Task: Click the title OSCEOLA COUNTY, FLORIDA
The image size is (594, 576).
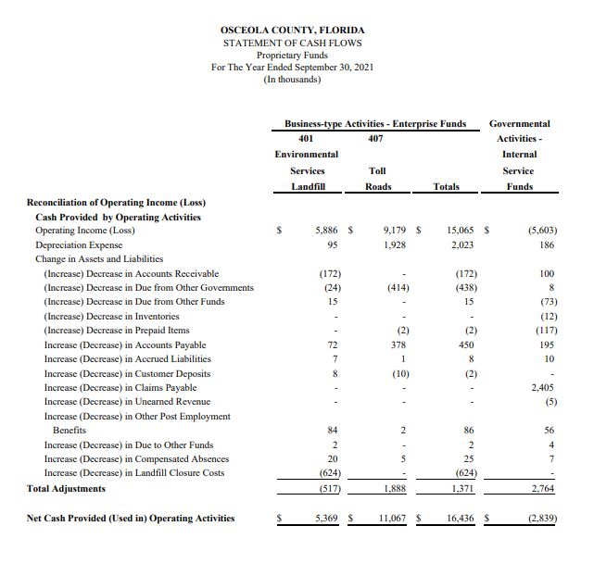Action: coord(292,30)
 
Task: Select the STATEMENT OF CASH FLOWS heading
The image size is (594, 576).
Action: coord(292,43)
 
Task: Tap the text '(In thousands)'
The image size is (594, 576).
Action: coord(292,79)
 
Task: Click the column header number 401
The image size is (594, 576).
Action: coord(306,138)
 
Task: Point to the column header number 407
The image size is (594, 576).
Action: coord(375,138)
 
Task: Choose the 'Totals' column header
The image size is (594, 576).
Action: coord(446,186)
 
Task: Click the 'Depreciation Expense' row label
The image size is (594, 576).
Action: coord(79,244)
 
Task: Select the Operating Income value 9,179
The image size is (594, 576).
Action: coord(396,231)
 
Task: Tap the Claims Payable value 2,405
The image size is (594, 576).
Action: coord(542,388)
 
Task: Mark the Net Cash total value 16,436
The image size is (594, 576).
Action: coord(461,518)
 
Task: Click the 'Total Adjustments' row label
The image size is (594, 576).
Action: coord(66,488)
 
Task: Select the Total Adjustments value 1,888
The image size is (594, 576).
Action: coord(396,488)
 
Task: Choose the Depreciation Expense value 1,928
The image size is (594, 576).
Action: coord(396,244)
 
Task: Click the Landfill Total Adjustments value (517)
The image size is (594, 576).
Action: coord(327,488)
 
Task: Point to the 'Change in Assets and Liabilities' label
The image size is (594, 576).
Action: coord(99,259)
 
